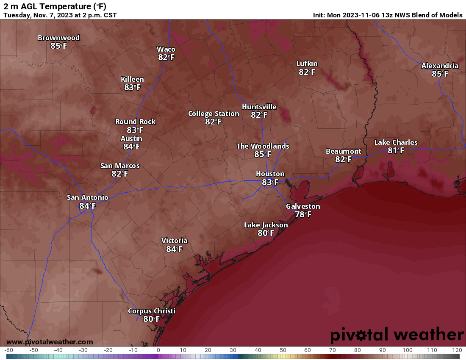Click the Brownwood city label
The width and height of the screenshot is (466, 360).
point(58,38)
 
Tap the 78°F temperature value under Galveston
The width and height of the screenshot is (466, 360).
point(303,215)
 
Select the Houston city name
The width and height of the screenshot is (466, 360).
point(270,174)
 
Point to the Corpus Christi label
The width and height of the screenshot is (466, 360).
point(151,311)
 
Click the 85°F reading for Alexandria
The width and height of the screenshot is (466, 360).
point(440,74)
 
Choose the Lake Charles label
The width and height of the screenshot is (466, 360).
point(396,142)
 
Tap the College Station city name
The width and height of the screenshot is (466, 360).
point(214,114)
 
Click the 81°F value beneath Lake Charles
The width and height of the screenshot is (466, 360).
point(396,150)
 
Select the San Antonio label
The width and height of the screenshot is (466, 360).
point(87,197)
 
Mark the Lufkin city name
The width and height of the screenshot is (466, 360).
point(307,64)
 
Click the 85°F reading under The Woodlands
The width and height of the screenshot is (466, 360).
point(263,155)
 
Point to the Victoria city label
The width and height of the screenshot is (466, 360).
point(174,241)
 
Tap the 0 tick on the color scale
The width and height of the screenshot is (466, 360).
point(158,350)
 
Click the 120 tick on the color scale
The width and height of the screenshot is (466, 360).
point(457,350)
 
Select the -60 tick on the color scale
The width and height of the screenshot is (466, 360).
point(8,350)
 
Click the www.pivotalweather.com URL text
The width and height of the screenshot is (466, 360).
point(50,342)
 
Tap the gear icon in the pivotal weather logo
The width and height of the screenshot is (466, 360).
point(361,335)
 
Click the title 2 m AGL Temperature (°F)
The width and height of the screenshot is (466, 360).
point(55,6)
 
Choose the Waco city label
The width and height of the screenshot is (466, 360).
point(166,49)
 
